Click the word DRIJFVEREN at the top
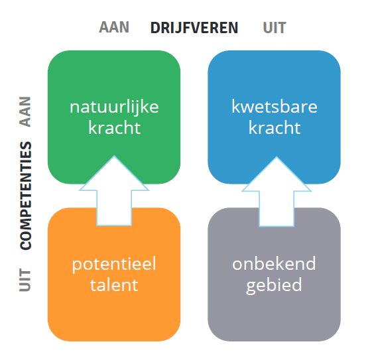(194, 28)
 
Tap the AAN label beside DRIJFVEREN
(114, 27)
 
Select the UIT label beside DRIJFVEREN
(275, 28)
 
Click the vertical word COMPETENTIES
(26, 196)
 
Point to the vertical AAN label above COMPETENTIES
(25, 111)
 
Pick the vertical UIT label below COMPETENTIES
(25, 280)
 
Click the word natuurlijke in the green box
(114, 108)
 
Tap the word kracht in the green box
(114, 128)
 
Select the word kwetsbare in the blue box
(275, 107)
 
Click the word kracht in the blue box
(275, 128)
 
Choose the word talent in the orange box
(114, 284)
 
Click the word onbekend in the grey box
(274, 263)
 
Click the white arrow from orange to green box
(114, 190)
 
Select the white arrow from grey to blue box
(277, 191)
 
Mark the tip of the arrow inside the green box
(114, 156)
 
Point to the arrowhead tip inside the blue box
(277, 156)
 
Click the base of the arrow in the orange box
(114, 225)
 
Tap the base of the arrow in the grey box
(277, 226)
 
